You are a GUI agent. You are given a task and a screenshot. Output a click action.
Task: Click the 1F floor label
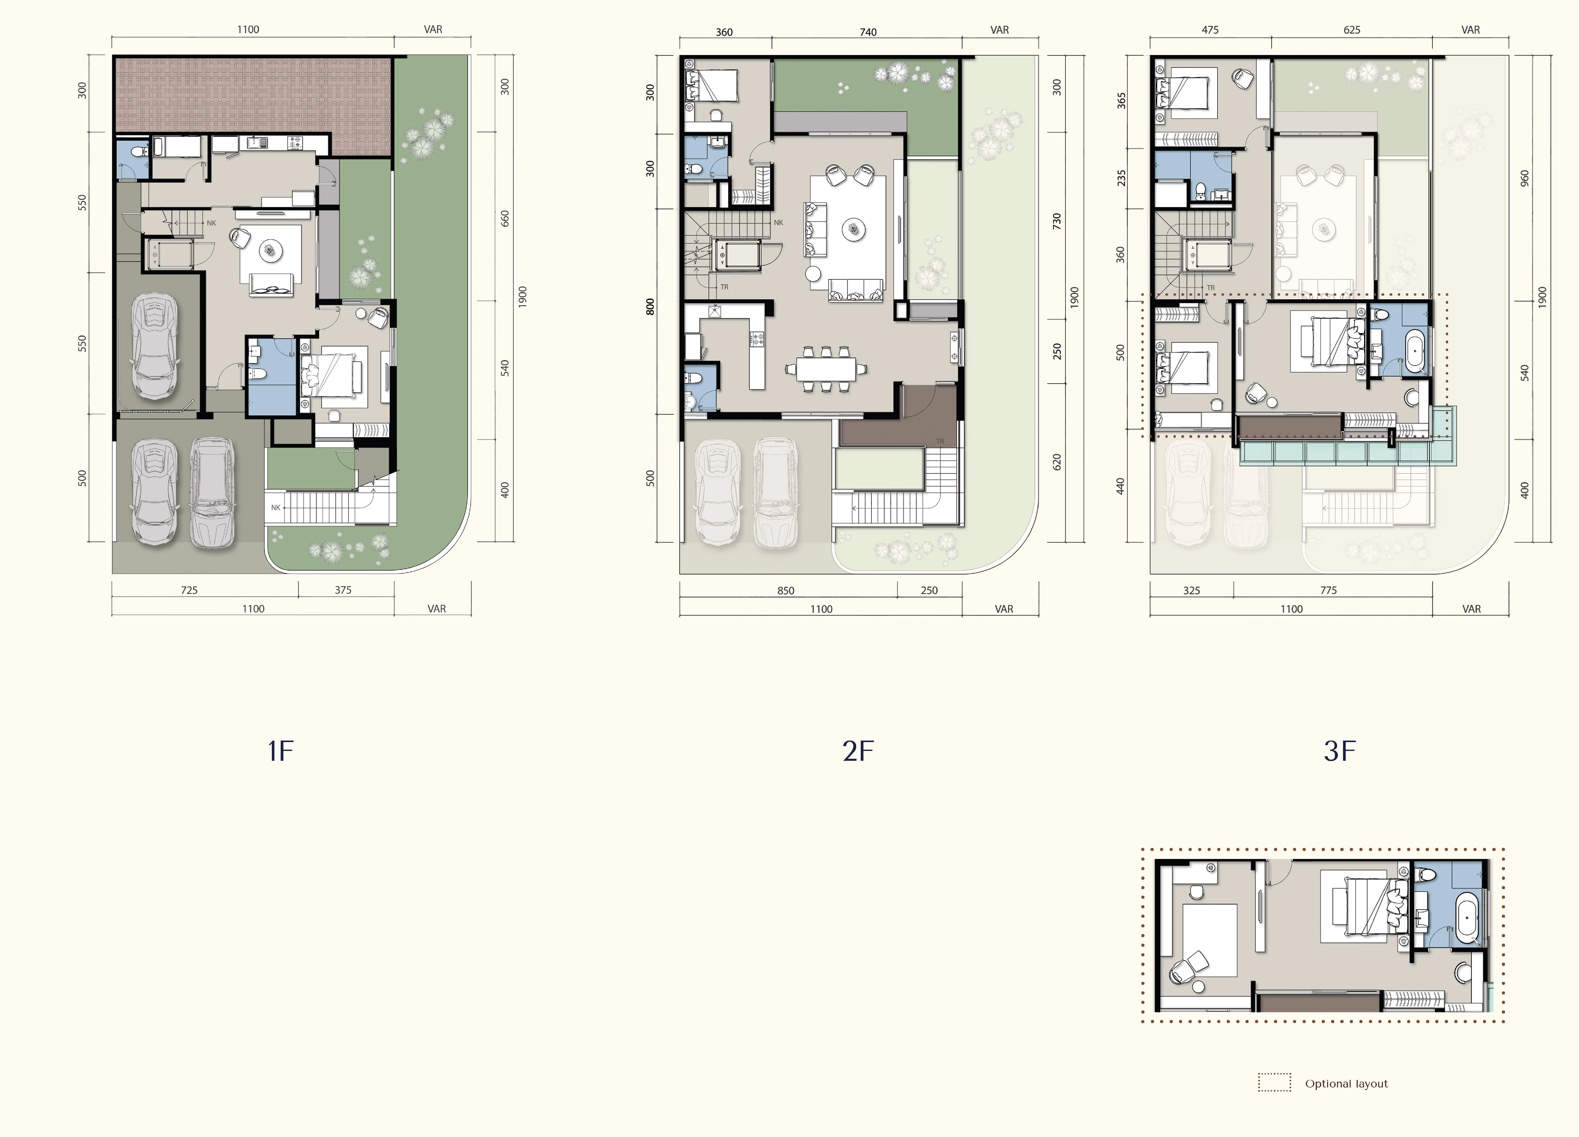[x=281, y=751]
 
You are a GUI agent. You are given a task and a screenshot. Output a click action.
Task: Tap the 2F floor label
[x=858, y=751]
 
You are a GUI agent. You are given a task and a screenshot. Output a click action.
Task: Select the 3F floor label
[x=1339, y=751]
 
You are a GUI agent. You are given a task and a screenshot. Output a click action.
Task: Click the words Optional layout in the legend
[x=1346, y=1083]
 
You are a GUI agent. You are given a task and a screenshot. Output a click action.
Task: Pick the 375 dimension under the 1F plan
[x=343, y=590]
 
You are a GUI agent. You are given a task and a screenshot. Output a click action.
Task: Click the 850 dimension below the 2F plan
[x=785, y=590]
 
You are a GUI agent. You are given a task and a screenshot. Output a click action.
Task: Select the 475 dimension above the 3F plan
[x=1210, y=30]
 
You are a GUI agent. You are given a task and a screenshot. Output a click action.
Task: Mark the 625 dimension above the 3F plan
[x=1351, y=30]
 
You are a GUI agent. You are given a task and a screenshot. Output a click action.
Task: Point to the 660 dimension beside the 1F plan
[x=505, y=219]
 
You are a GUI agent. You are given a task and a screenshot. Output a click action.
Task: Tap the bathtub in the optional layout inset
[x=1467, y=918]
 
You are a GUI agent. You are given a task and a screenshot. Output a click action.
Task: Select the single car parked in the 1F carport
[x=155, y=346]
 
